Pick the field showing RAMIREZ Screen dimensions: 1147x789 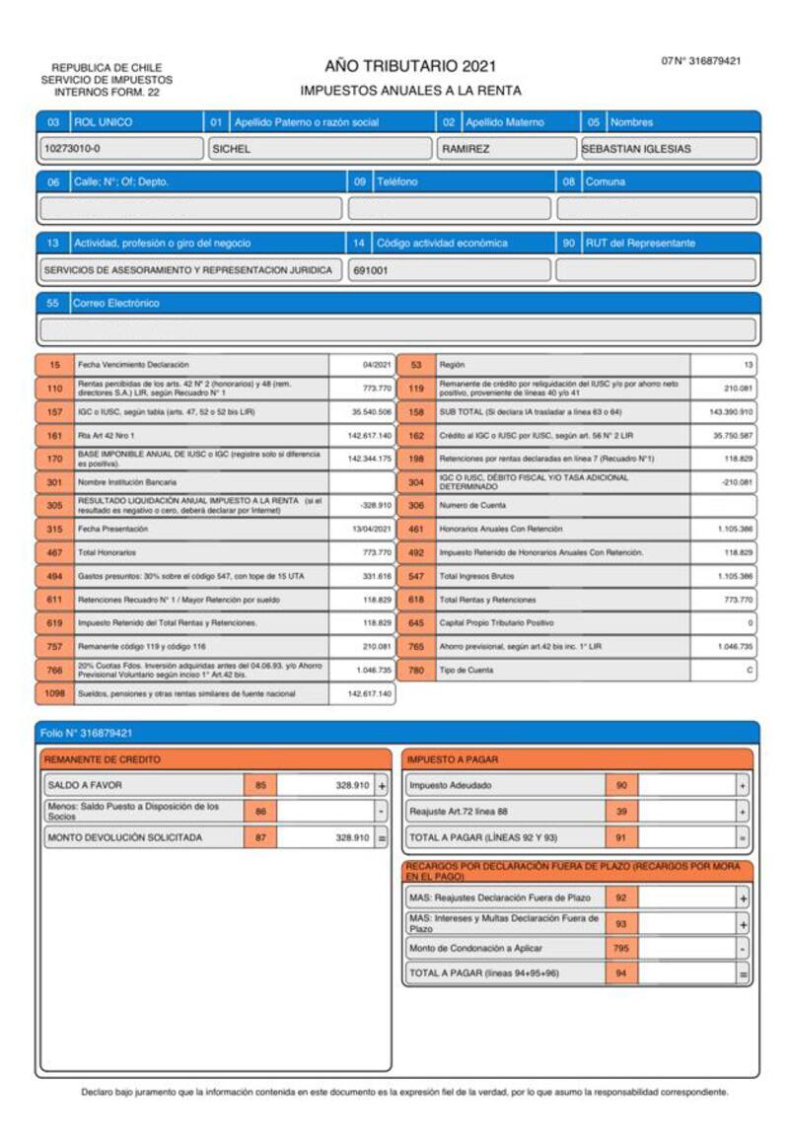504,149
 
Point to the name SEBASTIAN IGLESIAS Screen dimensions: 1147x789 670,149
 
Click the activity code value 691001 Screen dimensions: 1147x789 449,270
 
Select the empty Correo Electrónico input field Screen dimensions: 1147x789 397,329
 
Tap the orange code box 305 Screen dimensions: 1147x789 54,505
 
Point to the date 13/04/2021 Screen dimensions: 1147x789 371,529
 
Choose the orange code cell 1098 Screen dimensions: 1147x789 54,693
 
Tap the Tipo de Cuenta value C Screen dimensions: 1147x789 750,671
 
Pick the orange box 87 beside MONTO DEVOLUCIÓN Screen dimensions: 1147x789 260,837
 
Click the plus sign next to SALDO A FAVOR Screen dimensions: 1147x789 382,786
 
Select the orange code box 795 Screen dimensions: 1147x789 621,949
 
